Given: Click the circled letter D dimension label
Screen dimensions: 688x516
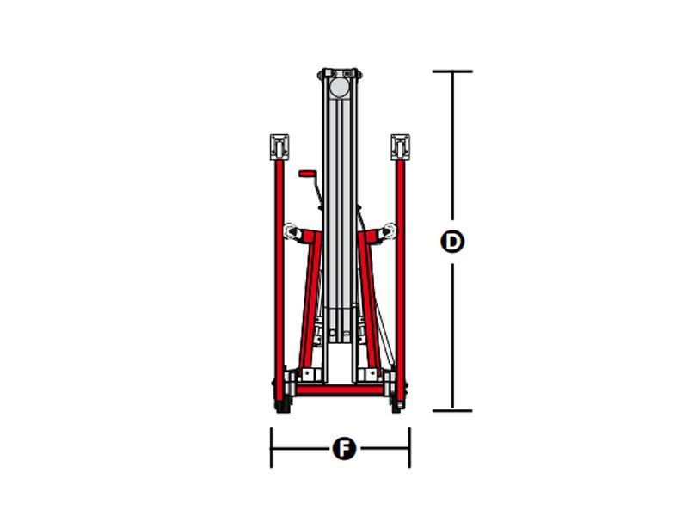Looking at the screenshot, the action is pyautogui.click(x=452, y=242).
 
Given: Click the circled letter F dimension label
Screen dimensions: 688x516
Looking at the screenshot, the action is pyautogui.click(x=344, y=448).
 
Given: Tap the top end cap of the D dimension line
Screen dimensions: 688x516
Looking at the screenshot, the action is pyautogui.click(x=452, y=71).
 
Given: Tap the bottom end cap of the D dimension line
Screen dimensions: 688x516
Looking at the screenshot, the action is pyautogui.click(x=452, y=411).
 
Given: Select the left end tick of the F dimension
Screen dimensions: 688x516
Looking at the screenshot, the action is pyautogui.click(x=272, y=447).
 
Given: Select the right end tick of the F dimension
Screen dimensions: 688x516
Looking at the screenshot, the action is pyautogui.click(x=409, y=447).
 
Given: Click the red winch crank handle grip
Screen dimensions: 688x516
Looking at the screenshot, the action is pyautogui.click(x=307, y=174).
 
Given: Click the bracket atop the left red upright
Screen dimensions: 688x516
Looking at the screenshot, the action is pyautogui.click(x=279, y=147).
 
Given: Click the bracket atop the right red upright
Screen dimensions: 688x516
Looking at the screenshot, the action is pyautogui.click(x=400, y=147).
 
